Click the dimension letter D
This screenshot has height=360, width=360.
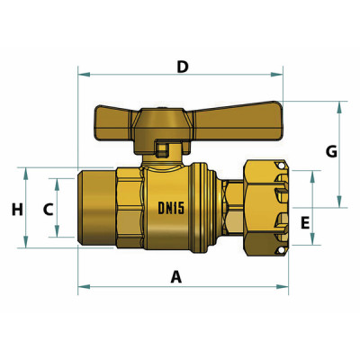[183, 67]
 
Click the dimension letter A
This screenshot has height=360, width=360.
[176, 277]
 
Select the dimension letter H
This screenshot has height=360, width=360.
[16, 210]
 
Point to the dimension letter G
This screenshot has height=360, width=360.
[331, 152]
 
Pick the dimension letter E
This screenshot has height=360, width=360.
[305, 221]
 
